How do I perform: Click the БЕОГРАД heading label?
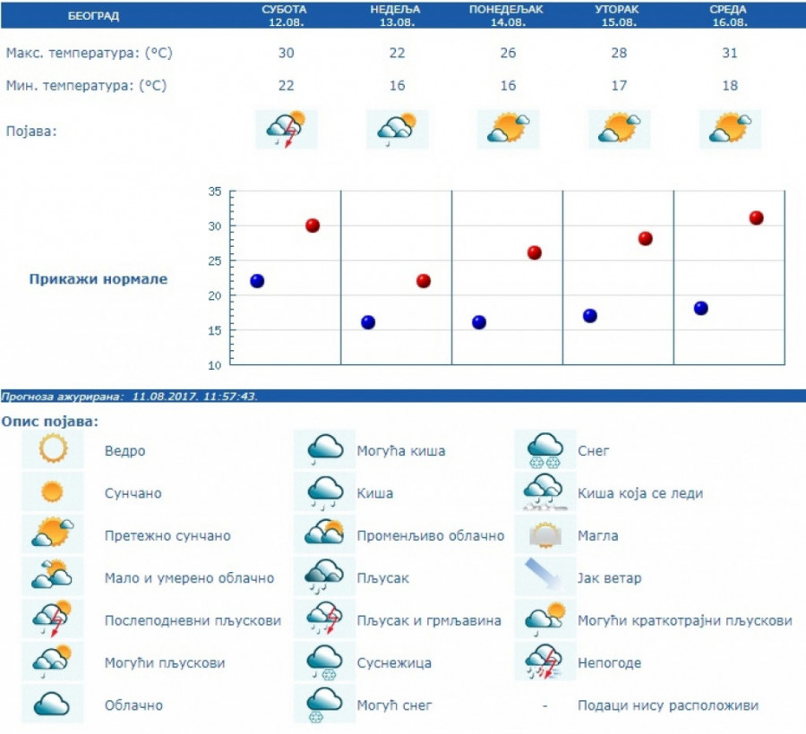(x=92, y=16)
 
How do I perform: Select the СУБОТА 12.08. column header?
(x=285, y=15)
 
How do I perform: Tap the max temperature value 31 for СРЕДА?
(x=730, y=53)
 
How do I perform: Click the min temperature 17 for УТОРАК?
(x=619, y=86)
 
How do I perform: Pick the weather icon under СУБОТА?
(x=286, y=130)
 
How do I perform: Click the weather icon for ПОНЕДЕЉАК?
(x=508, y=130)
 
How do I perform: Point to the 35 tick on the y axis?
(x=214, y=192)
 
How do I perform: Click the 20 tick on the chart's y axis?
(x=214, y=295)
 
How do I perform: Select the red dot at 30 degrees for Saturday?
(x=313, y=226)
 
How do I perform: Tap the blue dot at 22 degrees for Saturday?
(x=257, y=281)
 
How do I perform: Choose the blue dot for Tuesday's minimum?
(x=589, y=316)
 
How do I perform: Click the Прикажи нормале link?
(x=99, y=279)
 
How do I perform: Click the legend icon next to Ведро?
(x=53, y=449)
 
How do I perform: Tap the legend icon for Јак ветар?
(x=544, y=576)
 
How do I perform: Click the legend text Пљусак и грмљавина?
(x=429, y=621)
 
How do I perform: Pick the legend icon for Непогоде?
(x=544, y=662)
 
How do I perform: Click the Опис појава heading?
(x=50, y=421)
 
